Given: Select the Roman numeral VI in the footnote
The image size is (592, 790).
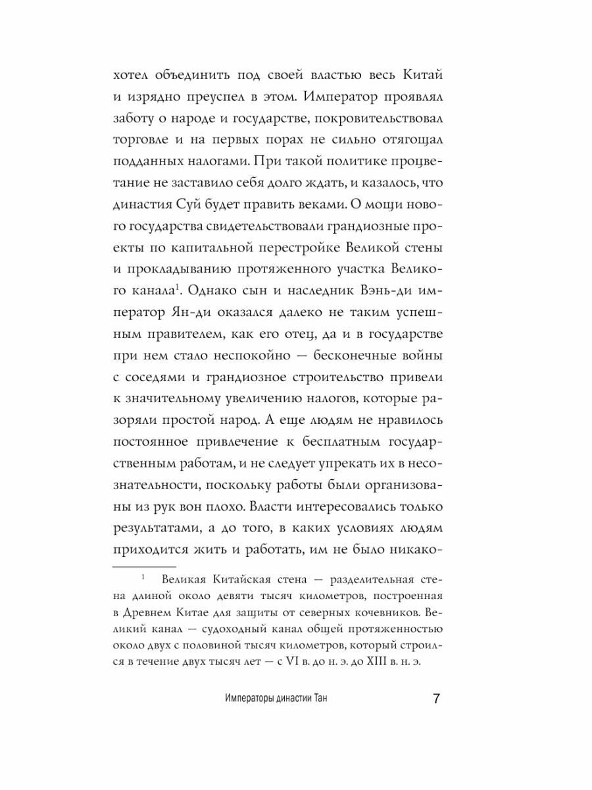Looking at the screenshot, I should pyautogui.click(x=277, y=662).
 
